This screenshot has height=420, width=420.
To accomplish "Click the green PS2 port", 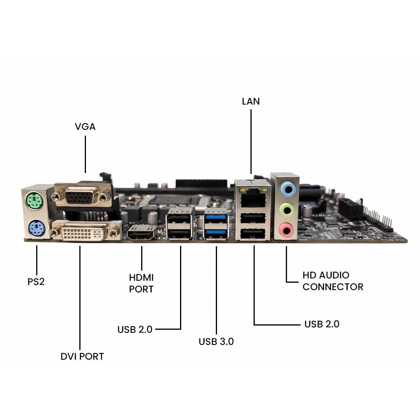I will point(35,202).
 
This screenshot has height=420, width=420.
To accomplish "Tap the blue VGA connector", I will point(81,196).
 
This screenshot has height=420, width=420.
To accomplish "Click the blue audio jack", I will point(288,189).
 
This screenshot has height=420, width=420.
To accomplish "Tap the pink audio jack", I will point(287,230).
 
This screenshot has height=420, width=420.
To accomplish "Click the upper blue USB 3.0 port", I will point(216,217).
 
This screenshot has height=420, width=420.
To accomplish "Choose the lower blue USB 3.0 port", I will point(216,232).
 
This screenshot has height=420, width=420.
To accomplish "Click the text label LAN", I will point(251,101).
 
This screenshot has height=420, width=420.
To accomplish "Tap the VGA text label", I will point(85,127).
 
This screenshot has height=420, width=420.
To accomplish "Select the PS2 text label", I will point(36,282).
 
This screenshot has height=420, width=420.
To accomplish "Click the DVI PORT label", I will point(82,356).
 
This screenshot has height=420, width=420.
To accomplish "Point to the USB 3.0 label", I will point(216,342).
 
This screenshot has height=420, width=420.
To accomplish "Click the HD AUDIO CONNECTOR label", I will point(333,281).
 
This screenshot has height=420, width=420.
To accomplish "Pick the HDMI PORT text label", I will point(141,283).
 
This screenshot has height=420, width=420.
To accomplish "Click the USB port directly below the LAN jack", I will point(253,217).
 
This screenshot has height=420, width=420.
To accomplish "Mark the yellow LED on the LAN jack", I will point(243,191).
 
